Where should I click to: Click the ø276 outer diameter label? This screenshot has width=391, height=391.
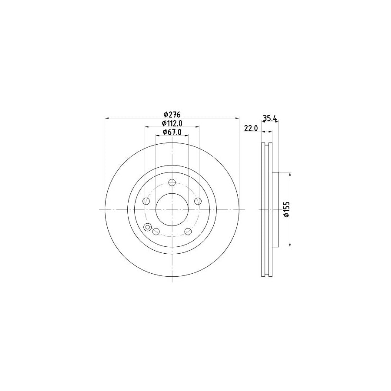pos(172,114)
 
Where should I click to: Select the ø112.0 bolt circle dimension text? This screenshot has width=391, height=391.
pos(172,123)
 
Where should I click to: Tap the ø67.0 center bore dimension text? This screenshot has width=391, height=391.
pos(172,132)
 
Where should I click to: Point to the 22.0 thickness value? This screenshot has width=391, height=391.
pos(251,128)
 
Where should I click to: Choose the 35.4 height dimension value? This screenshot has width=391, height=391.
pos(269,117)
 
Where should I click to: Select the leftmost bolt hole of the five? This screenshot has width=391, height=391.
pos(146,201)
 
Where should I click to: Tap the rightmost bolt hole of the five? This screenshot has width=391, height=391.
pos(198,201)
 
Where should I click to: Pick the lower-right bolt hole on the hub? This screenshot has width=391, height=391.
pos(188,231)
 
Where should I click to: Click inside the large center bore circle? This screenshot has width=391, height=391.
pos(172,209)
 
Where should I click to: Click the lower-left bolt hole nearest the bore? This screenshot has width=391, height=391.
pos(156,231)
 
